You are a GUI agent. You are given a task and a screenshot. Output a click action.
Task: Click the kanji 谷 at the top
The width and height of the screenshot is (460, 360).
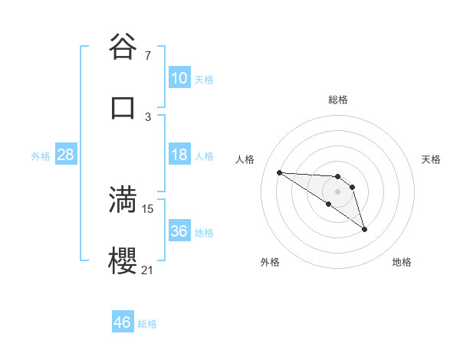pos(123,47)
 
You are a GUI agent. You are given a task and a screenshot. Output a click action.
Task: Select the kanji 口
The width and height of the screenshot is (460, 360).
pos(123,108)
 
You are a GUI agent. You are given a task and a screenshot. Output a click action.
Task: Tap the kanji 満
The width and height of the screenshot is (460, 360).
pos(123,199)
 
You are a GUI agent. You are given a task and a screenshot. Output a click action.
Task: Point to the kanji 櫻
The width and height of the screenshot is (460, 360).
pos(123,260)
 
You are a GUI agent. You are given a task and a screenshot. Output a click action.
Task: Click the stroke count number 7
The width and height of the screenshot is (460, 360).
pos(148,56)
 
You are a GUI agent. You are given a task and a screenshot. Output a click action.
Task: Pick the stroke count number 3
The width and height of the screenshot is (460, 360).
pos(148,116)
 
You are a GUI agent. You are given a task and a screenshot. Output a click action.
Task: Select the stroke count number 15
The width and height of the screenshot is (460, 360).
pos(148,208)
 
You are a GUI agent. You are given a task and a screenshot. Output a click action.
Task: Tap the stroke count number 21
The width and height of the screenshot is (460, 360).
pos(148,270)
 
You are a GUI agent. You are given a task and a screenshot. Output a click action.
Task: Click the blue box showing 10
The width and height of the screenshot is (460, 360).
pos(179,78)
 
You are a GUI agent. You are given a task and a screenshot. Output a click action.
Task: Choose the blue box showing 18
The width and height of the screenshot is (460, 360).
pos(179,155)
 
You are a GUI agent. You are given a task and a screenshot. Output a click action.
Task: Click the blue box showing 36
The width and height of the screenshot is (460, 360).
pos(179,231)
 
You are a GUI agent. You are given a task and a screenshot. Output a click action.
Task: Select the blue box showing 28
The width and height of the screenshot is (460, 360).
pos(66,155)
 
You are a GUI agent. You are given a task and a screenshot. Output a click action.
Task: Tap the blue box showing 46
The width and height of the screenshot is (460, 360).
pos(123,322)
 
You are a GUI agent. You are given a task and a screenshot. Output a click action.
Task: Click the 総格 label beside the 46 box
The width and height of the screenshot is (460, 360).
pos(147,324)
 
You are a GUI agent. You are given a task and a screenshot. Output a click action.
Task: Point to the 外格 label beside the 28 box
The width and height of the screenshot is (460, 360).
pos(41,156)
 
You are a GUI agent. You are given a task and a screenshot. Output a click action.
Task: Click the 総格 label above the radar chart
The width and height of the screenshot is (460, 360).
pos(338,100)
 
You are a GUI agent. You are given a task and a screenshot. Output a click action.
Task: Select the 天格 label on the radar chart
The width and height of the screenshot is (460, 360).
pos(431,159)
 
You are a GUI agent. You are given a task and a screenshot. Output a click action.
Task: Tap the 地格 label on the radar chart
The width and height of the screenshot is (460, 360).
pos(402,262)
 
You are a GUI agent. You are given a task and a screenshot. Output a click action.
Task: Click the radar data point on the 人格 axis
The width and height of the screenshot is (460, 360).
pos(279,172)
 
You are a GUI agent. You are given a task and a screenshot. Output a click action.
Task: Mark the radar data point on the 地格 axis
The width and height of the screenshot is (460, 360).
pos(364,229)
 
